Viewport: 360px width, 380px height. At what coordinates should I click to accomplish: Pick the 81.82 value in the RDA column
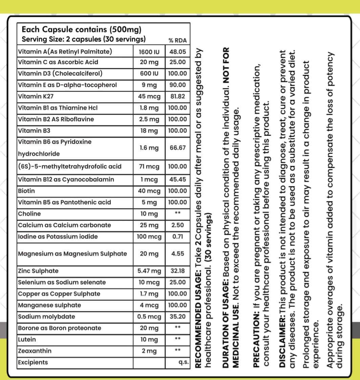(177, 96)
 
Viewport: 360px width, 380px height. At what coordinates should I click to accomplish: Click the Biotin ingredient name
(26, 191)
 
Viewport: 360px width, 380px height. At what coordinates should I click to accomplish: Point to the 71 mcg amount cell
(149, 166)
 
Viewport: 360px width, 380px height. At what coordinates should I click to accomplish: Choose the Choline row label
(29, 214)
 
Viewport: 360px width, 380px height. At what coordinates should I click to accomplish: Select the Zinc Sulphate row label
(38, 271)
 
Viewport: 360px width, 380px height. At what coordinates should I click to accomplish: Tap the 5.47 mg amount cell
(149, 271)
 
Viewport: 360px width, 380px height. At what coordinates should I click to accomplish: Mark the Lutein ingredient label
(27, 339)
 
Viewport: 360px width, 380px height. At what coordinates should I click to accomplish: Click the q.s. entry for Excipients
(183, 362)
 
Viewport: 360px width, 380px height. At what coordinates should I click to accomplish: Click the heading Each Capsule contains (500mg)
(81, 29)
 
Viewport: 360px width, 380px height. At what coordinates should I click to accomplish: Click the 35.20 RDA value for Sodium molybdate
(177, 317)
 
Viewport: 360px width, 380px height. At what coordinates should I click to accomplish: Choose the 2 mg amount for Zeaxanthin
(149, 351)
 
